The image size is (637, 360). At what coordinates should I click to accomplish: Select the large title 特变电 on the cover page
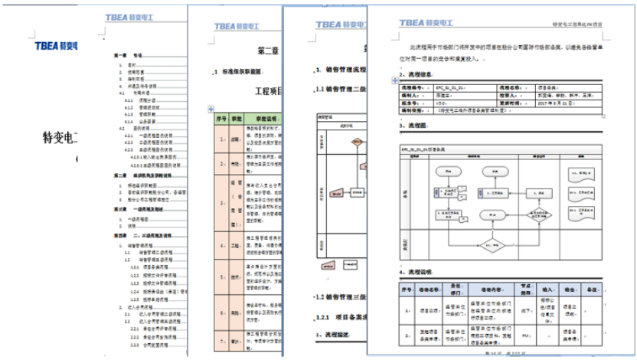[x=64, y=139]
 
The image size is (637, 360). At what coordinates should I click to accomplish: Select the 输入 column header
[x=550, y=290]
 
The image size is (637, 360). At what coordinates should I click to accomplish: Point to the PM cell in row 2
[x=524, y=335]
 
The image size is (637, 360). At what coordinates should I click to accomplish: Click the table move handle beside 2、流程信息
[x=395, y=80]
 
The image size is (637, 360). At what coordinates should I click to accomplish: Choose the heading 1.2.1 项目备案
[x=340, y=316]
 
